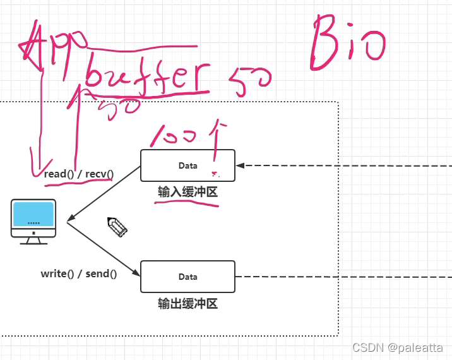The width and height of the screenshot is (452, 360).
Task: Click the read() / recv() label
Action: click(78, 174)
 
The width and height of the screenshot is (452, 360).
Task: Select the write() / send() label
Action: click(78, 273)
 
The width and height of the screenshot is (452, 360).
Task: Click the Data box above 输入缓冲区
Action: click(187, 165)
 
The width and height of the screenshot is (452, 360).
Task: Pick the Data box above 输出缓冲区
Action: click(187, 277)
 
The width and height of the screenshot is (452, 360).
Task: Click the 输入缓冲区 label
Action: click(187, 192)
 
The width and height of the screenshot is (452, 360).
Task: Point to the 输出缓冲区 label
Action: click(187, 304)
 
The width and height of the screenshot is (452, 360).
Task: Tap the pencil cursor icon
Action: click(117, 226)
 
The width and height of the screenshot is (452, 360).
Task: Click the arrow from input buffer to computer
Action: click(104, 195)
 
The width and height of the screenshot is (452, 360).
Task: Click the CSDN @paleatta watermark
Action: click(397, 347)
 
